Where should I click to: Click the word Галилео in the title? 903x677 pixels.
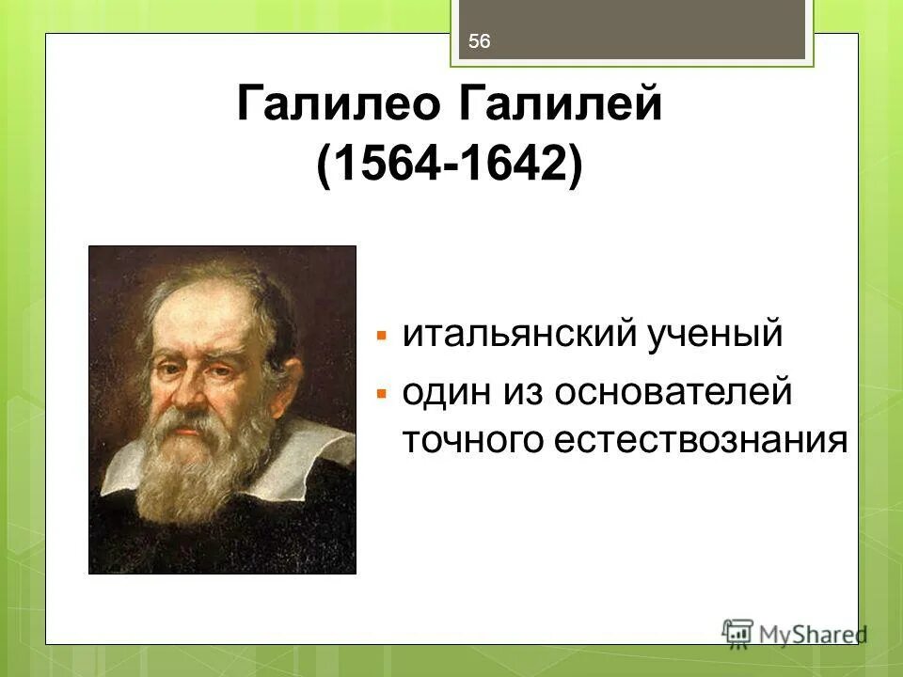coord(338,104)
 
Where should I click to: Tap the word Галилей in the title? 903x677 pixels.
coord(561,104)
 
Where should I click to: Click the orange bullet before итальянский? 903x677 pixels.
coord(381,336)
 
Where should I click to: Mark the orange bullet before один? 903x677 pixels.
coord(381,391)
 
